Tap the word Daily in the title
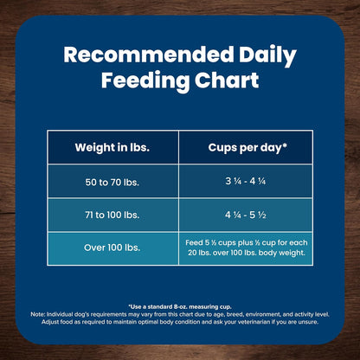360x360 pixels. coord(266,55)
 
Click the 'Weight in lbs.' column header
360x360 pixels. coord(112,146)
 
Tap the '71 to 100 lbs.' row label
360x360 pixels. coord(112,215)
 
